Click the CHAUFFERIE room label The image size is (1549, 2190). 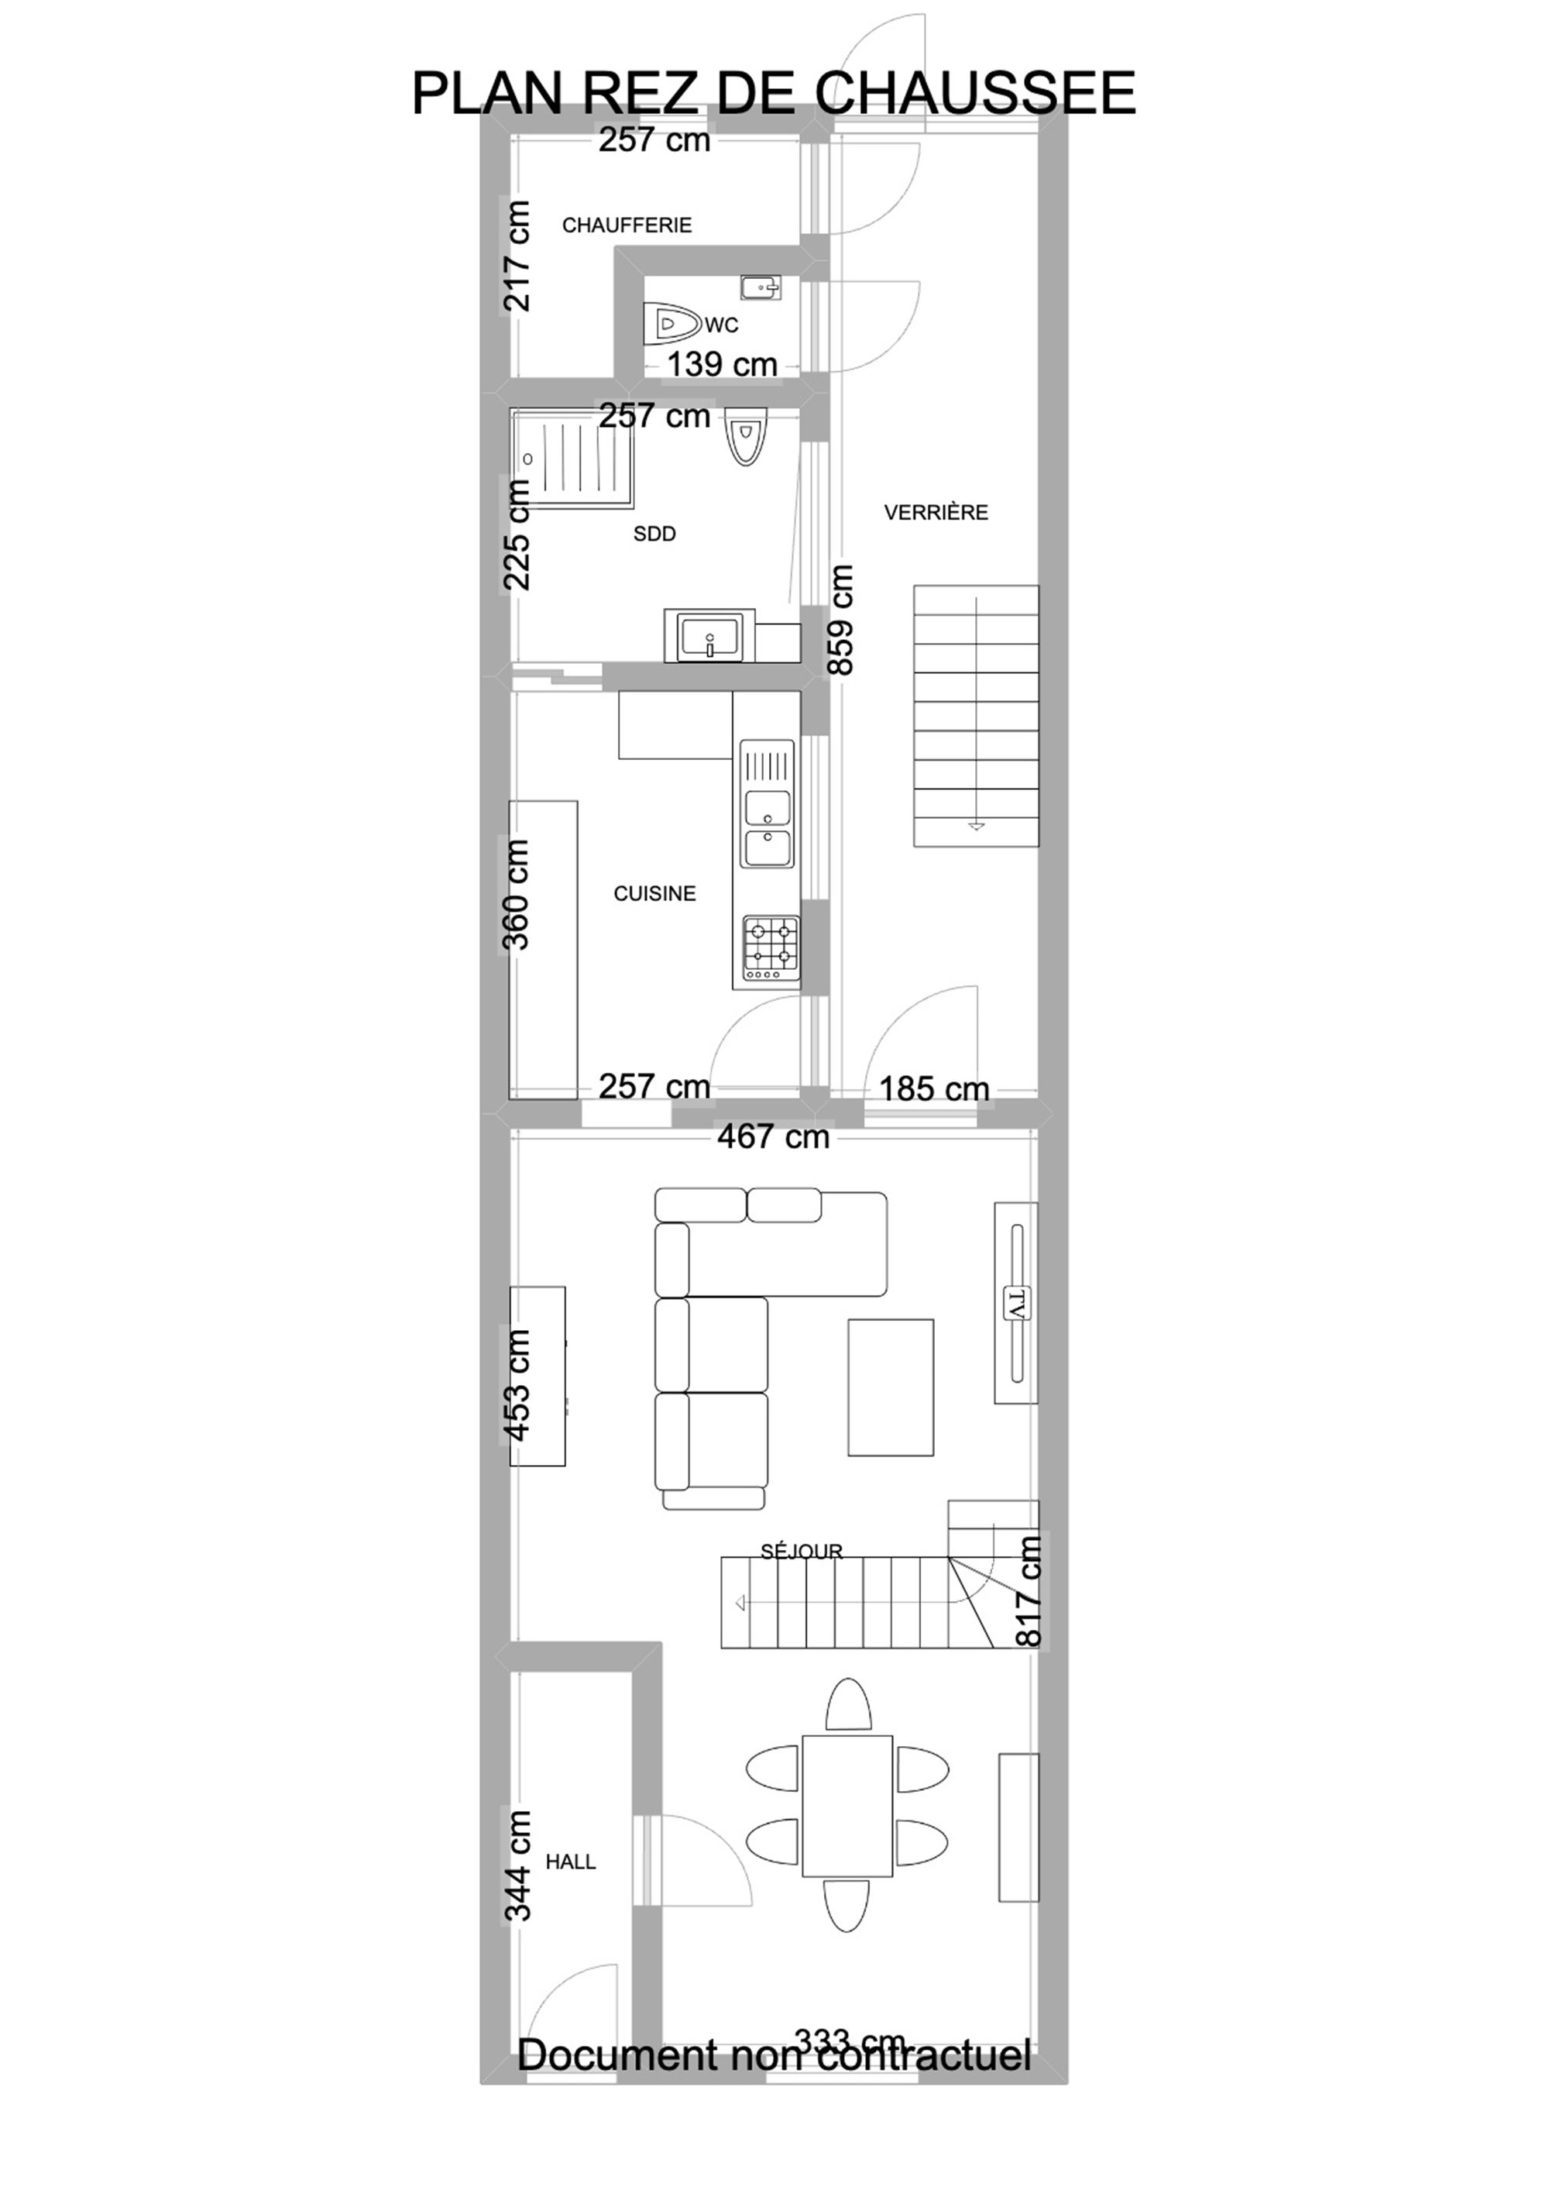[627, 225]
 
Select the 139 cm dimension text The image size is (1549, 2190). [722, 364]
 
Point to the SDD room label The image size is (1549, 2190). [654, 535]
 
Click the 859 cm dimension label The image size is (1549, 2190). [840, 620]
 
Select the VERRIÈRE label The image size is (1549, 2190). [936, 512]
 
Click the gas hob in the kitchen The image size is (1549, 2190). [771, 948]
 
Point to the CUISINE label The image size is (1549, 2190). [654, 894]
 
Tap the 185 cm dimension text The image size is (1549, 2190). [934, 1088]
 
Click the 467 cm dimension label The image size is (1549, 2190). [774, 1137]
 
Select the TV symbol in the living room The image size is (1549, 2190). [1016, 1303]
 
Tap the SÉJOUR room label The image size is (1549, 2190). [801, 1552]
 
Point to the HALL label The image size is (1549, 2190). [570, 1862]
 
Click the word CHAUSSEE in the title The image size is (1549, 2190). [975, 94]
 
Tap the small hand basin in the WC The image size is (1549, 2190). [761, 286]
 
